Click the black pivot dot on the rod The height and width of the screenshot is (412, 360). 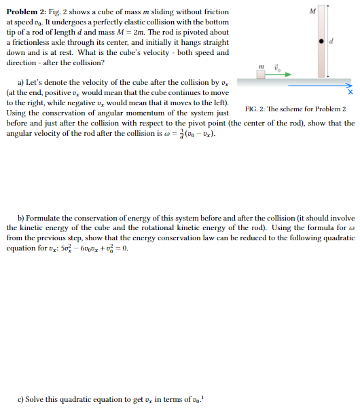pyautogui.click(x=321, y=42)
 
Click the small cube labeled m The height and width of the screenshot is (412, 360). pyautogui.click(x=262, y=74)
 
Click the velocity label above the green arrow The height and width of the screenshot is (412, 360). pyautogui.click(x=276, y=66)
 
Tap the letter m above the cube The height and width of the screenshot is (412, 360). pyautogui.click(x=262, y=64)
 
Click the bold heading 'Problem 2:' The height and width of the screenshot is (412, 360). pyautogui.click(x=26, y=12)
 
